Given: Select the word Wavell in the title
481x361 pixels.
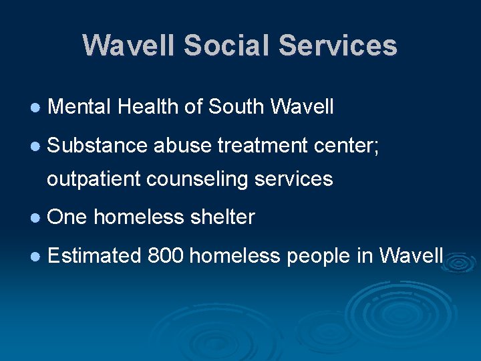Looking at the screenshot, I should tap(128, 45).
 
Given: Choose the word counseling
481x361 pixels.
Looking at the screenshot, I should tap(196, 180).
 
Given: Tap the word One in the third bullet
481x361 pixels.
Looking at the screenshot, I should tap(67, 217).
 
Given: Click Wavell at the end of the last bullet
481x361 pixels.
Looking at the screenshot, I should tap(411, 255).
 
